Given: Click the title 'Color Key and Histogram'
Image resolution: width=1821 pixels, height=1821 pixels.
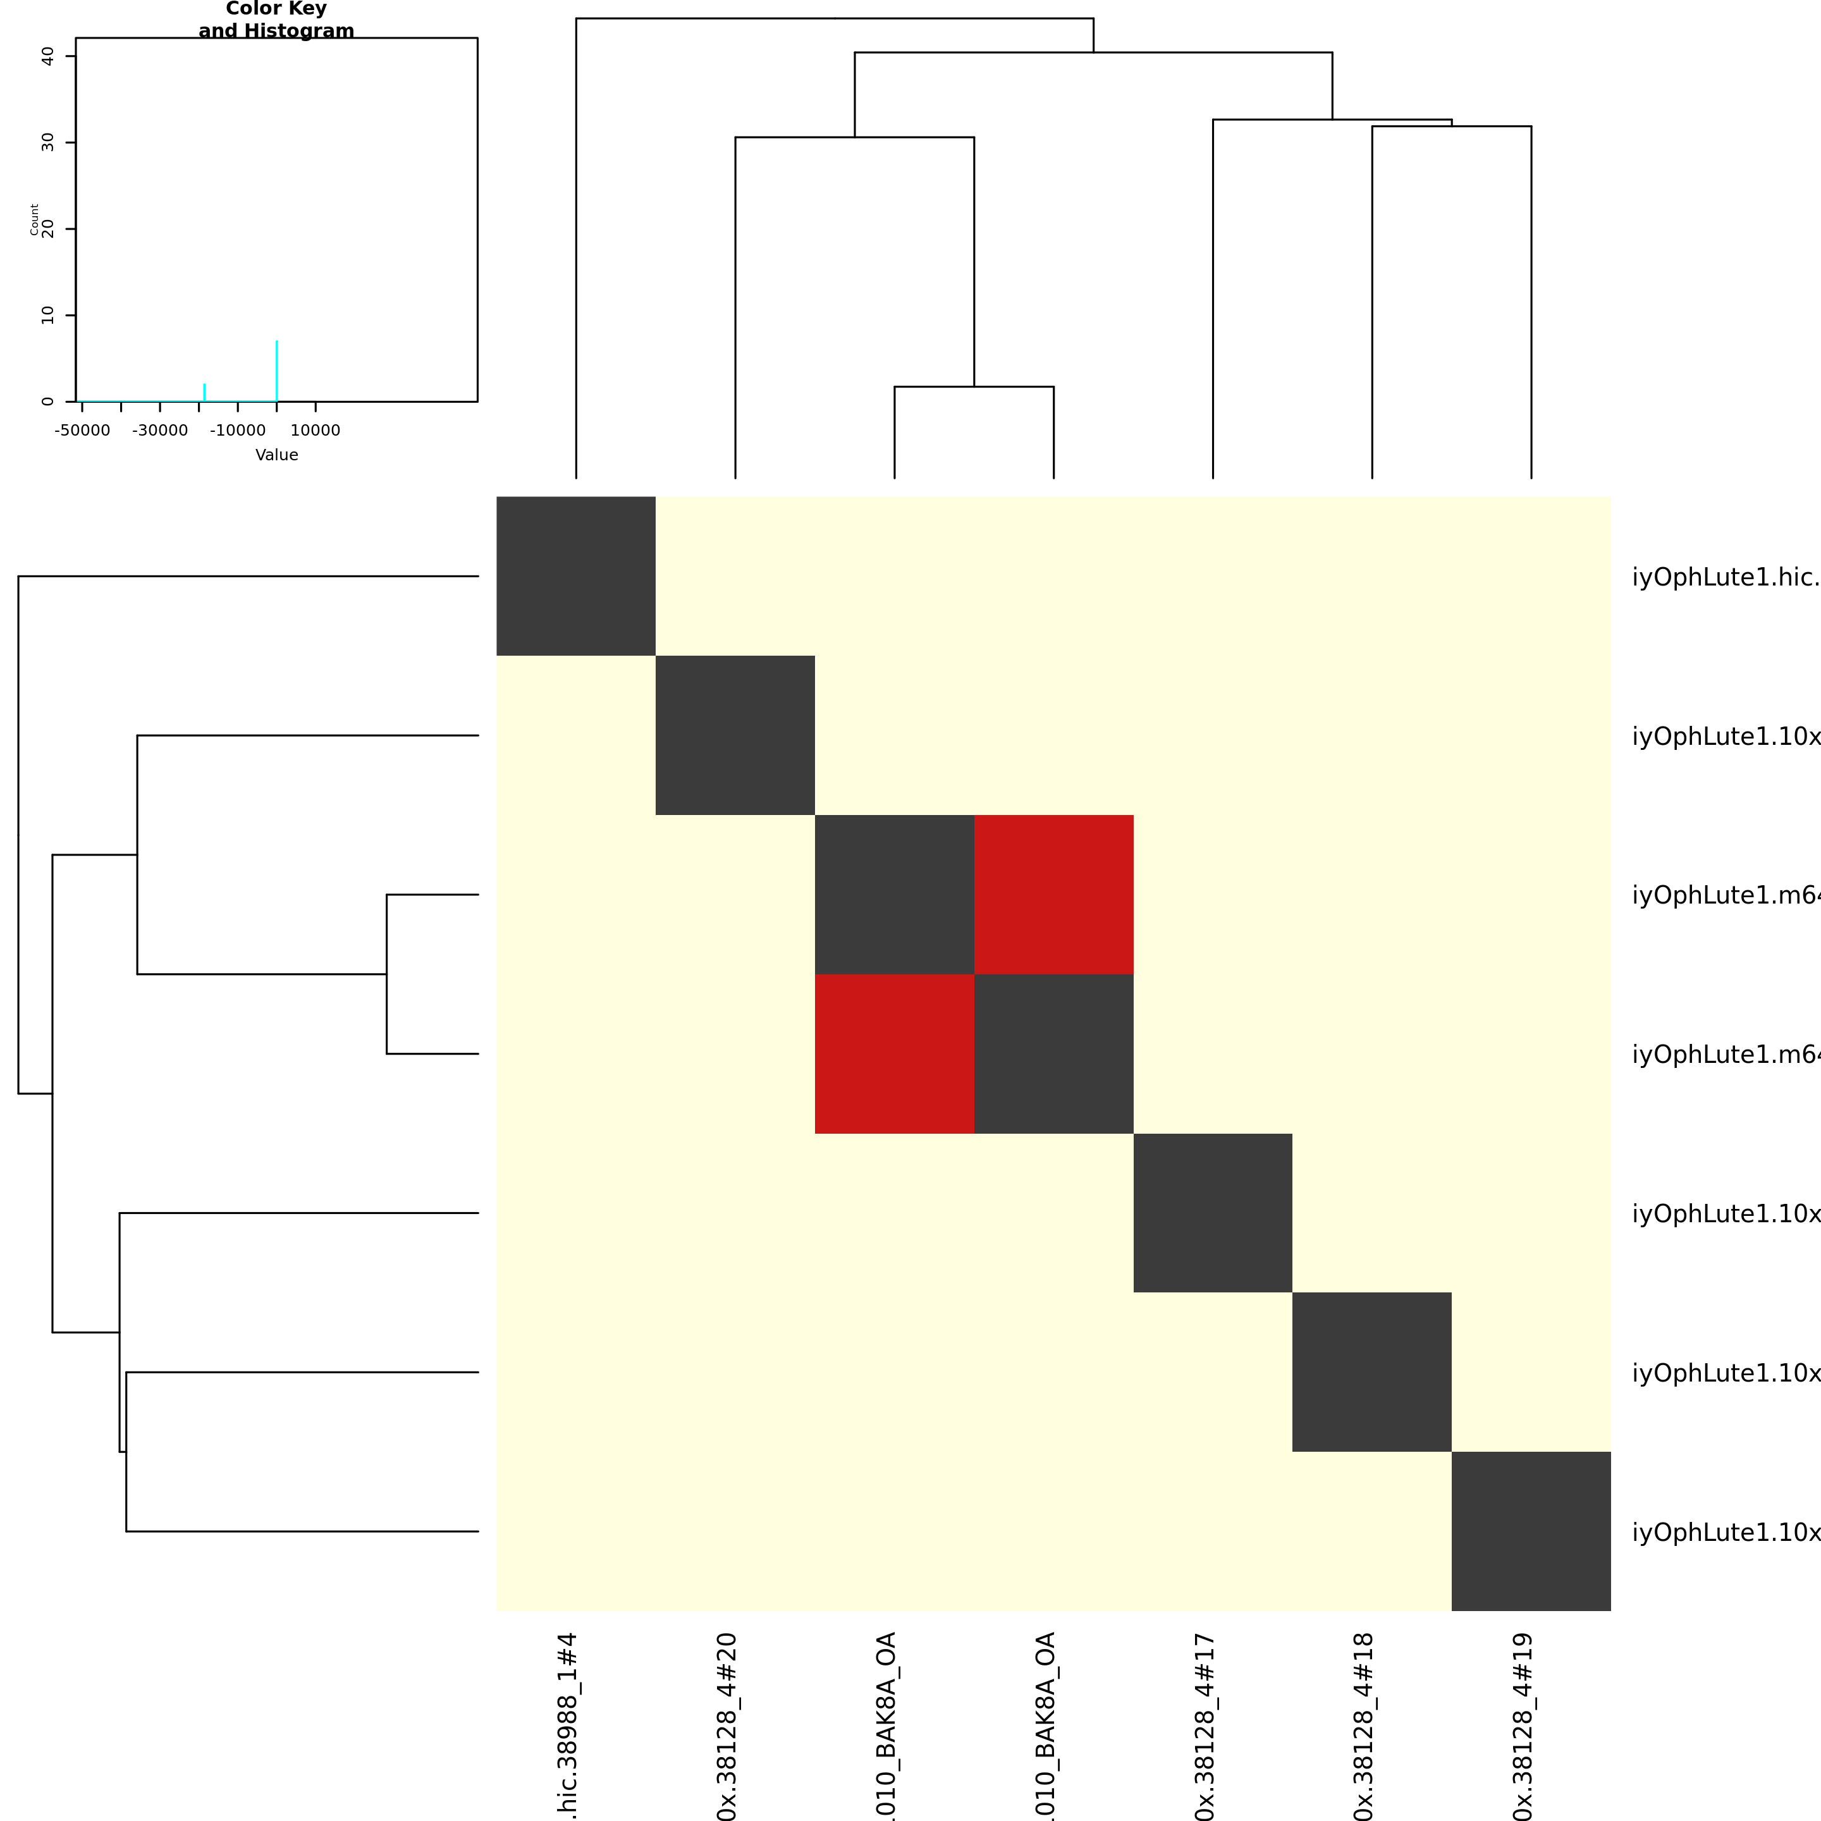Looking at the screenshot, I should [x=276, y=20].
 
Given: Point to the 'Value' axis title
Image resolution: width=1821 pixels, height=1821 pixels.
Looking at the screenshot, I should [x=276, y=455].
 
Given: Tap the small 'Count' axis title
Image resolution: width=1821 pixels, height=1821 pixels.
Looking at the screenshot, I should [x=35, y=219].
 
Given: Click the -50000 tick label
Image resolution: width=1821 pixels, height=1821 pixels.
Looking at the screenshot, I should [x=82, y=431].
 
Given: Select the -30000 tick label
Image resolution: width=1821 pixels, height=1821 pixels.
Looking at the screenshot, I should [x=159, y=431].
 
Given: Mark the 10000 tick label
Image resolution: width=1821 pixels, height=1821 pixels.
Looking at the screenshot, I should [x=315, y=431].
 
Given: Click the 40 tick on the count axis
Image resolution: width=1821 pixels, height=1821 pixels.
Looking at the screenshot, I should [x=48, y=56].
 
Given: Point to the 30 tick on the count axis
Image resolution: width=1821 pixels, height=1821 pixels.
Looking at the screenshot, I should [x=48, y=142].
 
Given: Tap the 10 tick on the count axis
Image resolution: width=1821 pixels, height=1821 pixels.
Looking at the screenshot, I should [x=48, y=315].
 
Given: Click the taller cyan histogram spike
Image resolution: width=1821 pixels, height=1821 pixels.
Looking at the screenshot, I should [x=276, y=371].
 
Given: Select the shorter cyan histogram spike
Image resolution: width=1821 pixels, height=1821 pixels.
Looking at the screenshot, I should [x=204, y=392].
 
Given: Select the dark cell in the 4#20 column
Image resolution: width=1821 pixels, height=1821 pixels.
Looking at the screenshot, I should [x=735, y=735].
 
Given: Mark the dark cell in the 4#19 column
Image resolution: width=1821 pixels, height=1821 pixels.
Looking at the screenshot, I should [x=1531, y=1531].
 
